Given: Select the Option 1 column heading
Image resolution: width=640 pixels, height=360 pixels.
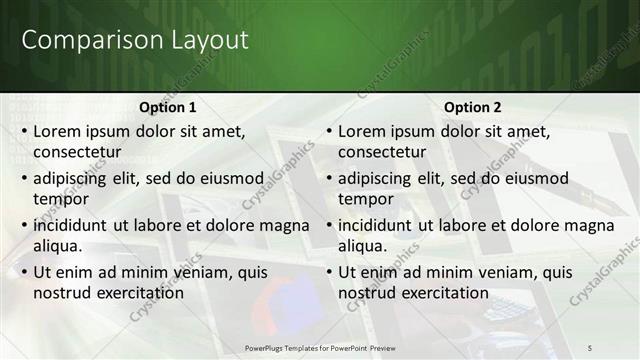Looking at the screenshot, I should pyautogui.click(x=168, y=107).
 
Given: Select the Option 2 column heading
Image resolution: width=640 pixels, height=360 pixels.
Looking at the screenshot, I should pyautogui.click(x=473, y=107).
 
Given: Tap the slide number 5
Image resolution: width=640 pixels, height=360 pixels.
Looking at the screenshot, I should pyautogui.click(x=591, y=346).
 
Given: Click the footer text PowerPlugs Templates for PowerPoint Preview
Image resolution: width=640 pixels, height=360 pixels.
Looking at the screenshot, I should pyautogui.click(x=320, y=346).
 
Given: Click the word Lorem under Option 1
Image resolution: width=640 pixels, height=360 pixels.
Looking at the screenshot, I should pyautogui.click(x=58, y=131).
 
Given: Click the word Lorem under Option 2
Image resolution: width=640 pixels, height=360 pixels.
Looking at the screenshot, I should pyautogui.click(x=363, y=131).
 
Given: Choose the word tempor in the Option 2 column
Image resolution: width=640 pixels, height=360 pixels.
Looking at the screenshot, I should pyautogui.click(x=365, y=199).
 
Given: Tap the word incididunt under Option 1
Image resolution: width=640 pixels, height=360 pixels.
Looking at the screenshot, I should pyautogui.click(x=71, y=225).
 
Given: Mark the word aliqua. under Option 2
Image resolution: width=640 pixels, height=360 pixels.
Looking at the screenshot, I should pyautogui.click(x=363, y=246).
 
